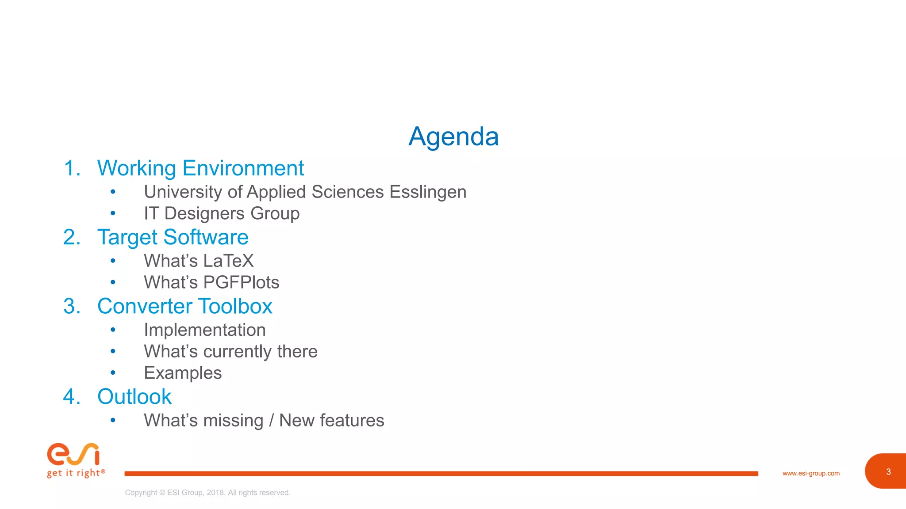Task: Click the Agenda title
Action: (453, 136)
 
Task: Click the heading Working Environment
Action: (200, 168)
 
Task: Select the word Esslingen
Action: (428, 192)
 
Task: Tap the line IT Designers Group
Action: (222, 213)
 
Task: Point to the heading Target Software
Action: (173, 237)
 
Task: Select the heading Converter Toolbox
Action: (184, 306)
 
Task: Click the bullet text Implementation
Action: (204, 330)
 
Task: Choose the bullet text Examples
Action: (183, 373)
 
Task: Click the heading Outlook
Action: (134, 397)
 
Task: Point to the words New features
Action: (331, 421)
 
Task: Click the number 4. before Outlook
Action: (72, 397)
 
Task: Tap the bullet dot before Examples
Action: (113, 373)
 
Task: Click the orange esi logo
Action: (73, 454)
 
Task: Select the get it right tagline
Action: (76, 473)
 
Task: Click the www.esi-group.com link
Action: (810, 473)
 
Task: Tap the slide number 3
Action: (888, 471)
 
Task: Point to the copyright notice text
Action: (207, 493)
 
